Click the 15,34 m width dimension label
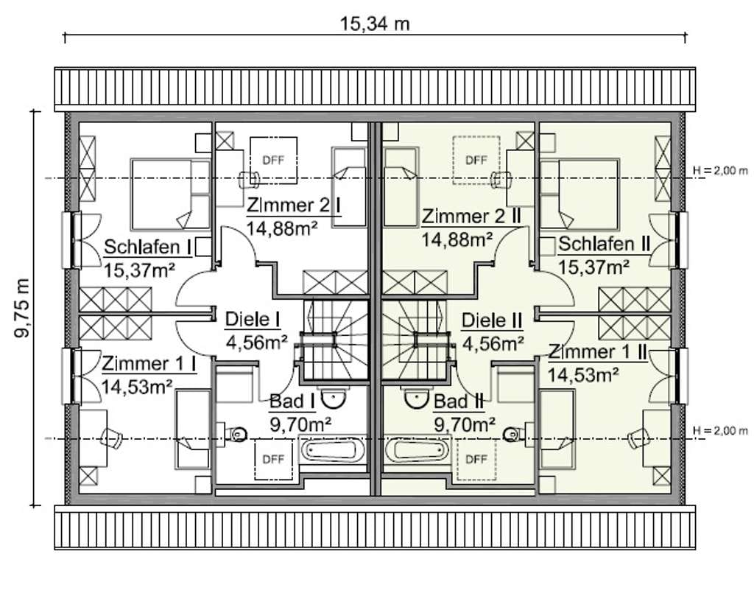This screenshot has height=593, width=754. [375, 24]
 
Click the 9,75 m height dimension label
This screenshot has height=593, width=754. [22, 308]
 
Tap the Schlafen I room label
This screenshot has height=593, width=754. [147, 248]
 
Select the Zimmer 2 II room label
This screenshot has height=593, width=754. [471, 216]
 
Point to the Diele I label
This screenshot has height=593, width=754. [253, 320]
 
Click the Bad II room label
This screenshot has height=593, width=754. [459, 401]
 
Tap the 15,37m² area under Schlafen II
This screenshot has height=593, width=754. [593, 267]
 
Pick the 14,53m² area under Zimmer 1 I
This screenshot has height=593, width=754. [137, 386]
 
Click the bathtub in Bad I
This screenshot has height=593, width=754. [331, 449]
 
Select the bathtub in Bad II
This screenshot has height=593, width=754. [417, 449]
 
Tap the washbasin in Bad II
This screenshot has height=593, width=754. [417, 399]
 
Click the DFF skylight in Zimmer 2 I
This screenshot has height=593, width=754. [273, 160]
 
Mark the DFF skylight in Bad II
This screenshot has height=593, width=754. [476, 459]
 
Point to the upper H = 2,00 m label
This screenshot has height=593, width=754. [720, 170]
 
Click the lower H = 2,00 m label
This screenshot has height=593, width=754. [720, 430]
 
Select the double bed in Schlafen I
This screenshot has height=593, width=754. [171, 194]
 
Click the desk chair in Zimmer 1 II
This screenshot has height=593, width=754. [638, 437]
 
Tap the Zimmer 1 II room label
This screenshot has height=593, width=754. [598, 351]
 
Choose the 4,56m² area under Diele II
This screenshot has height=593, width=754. [493, 343]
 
